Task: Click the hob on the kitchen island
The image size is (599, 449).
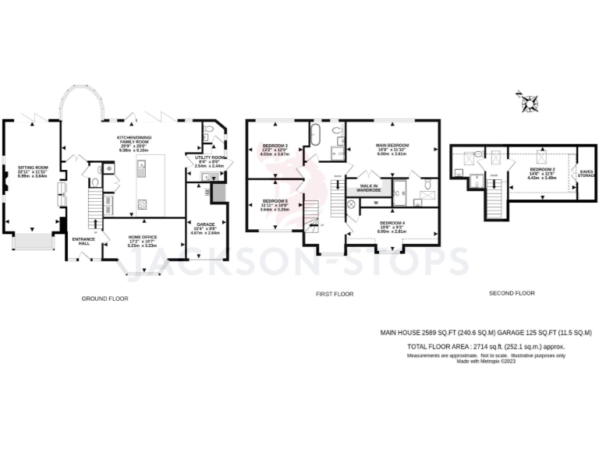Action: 143,205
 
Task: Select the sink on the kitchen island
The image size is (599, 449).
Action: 143,165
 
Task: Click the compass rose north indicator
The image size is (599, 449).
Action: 531,101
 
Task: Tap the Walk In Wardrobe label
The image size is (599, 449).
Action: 369,188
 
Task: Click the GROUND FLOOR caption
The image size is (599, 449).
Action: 105,299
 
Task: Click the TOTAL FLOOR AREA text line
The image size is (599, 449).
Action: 486,345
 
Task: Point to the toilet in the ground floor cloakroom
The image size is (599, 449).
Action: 95,182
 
